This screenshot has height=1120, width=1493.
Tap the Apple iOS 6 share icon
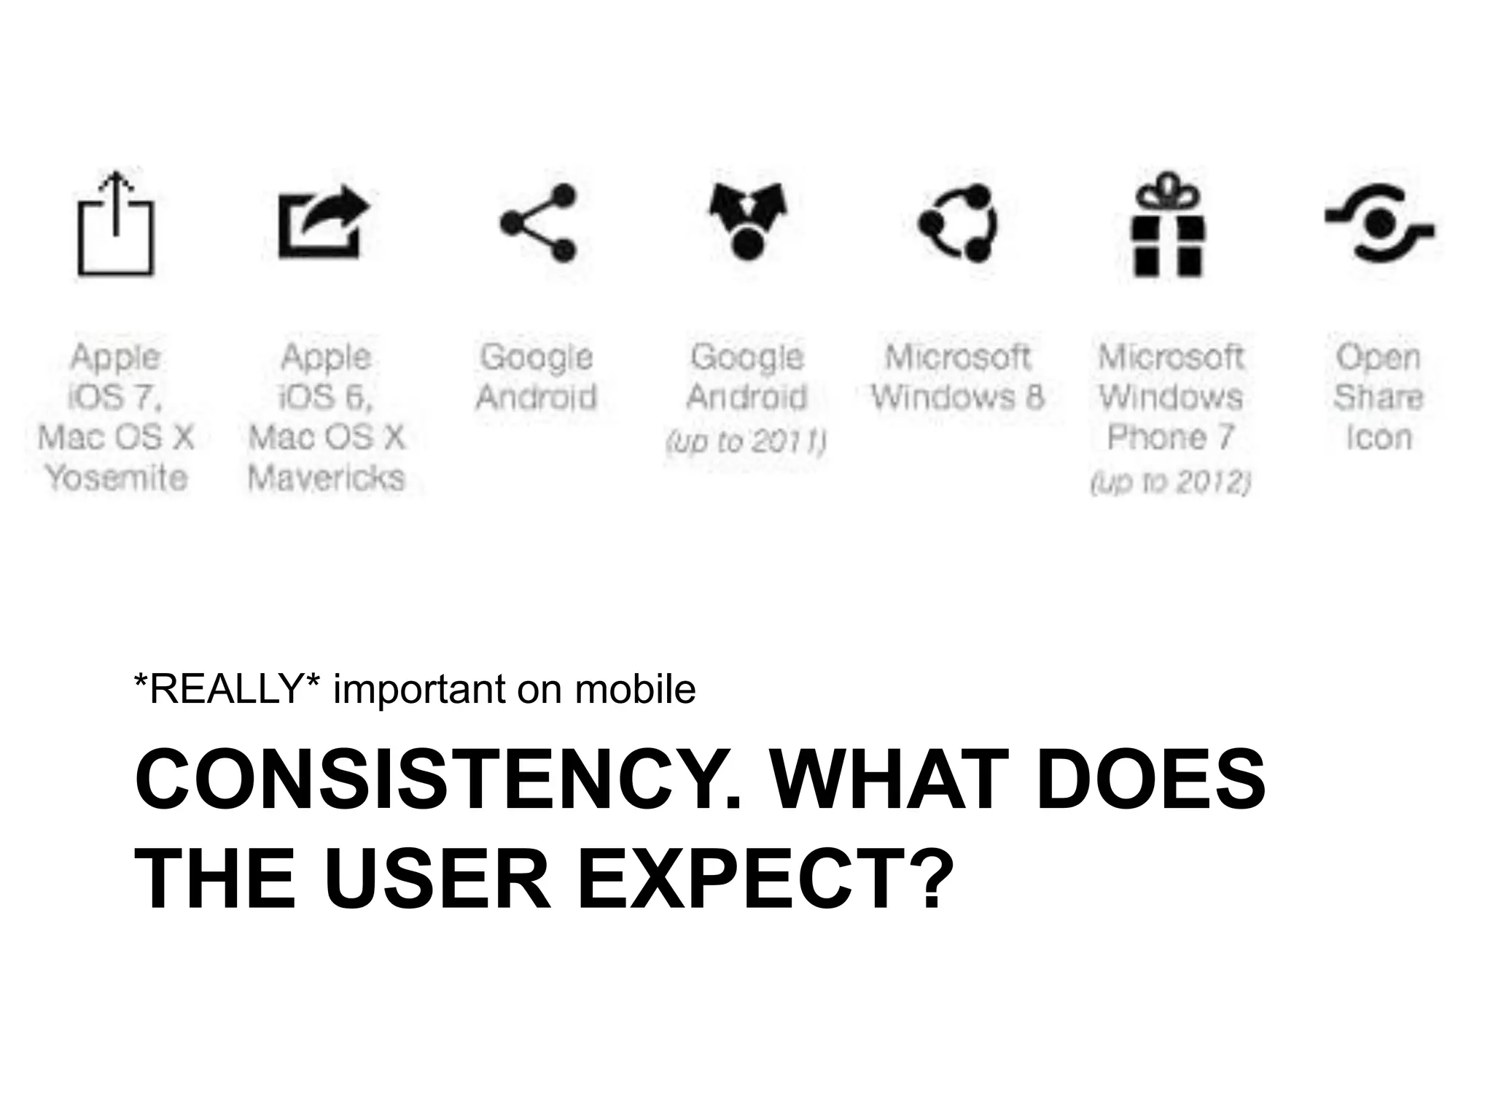click(324, 222)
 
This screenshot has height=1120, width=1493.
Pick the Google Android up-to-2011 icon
click(747, 221)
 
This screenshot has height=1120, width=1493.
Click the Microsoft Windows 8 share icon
click(958, 222)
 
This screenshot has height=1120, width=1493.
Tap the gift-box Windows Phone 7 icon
click(1168, 225)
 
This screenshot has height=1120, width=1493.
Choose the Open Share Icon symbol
click(1379, 223)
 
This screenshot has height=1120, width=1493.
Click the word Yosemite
click(117, 478)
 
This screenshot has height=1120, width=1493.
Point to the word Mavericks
click(326, 478)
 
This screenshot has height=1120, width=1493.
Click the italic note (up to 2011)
click(746, 440)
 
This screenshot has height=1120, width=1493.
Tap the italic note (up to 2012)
click(1170, 481)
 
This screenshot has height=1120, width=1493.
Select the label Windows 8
click(957, 397)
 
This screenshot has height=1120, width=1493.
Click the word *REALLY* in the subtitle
click(227, 688)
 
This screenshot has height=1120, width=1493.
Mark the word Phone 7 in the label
click(1169, 437)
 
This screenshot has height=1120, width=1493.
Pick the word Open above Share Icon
click(1378, 357)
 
